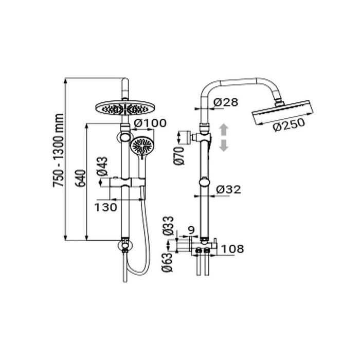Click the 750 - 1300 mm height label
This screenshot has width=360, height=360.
(58, 150)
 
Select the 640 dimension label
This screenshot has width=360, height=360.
(81, 178)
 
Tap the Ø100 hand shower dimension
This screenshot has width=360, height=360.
(150, 123)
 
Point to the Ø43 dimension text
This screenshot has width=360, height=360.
(102, 167)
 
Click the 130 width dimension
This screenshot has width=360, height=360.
(105, 208)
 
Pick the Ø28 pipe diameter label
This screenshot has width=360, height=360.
(225, 102)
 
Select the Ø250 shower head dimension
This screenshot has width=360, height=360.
(289, 124)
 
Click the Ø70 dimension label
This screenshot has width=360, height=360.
(179, 156)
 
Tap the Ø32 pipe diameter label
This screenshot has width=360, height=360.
(229, 190)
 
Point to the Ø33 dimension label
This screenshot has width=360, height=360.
(168, 226)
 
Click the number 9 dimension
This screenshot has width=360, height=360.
(191, 230)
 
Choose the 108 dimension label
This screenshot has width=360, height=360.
(232, 249)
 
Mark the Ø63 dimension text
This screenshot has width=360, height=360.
(167, 262)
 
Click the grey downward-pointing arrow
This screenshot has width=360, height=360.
(224, 146)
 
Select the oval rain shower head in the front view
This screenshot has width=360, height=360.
(124, 109)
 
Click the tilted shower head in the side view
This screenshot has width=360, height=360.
(283, 112)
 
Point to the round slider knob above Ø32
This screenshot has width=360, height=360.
(204, 183)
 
